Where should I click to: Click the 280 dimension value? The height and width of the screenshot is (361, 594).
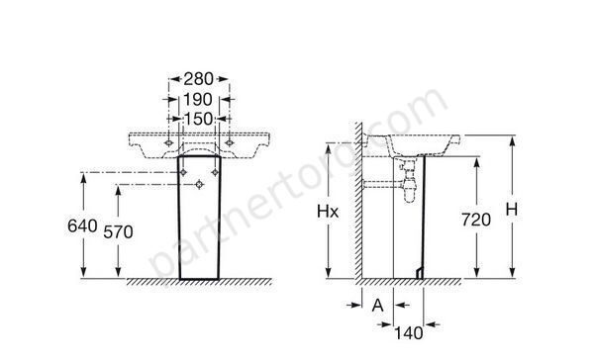pos(199,79)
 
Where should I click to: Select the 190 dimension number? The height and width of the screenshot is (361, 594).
pos(198,100)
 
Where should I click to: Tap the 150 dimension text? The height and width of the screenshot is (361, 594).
pos(199,119)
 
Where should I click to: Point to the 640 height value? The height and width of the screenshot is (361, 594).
pos(82,226)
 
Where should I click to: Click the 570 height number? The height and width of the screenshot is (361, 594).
pos(118,232)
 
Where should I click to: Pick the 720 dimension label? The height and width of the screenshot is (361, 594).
pos(476,220)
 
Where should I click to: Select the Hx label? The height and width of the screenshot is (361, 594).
pos(328,212)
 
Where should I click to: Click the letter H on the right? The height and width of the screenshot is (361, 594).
pos(512,210)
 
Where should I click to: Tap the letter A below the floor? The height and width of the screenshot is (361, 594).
pos(377,305)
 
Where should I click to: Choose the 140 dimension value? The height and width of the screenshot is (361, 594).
pos(409,333)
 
